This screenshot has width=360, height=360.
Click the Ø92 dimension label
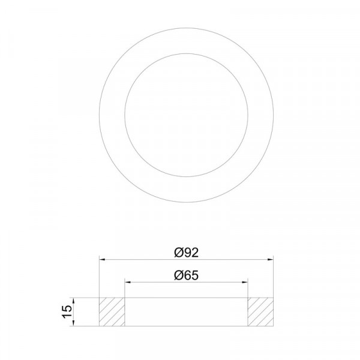click(x=186, y=253)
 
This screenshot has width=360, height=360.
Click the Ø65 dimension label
click(x=186, y=275)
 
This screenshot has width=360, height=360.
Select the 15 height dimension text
click(x=67, y=311)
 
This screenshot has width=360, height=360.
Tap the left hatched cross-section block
click(x=112, y=312)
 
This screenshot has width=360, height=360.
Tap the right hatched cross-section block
click(x=260, y=312)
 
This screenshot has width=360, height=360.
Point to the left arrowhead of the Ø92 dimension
click(x=102, y=259)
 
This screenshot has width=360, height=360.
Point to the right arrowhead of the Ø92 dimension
click(x=271, y=259)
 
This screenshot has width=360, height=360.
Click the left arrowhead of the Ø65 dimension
click(x=127, y=282)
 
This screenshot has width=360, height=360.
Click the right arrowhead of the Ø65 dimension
click(x=245, y=282)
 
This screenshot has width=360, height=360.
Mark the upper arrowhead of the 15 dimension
click(x=73, y=301)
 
